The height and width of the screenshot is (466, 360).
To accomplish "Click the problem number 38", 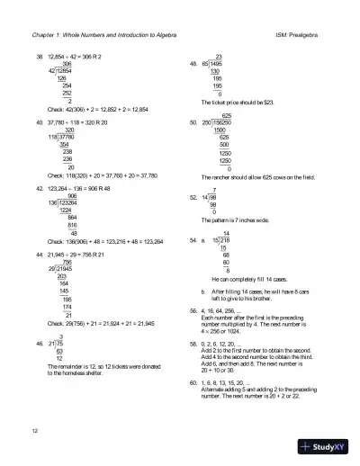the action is [39, 57].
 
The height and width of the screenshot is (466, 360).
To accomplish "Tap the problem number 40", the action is [39, 122].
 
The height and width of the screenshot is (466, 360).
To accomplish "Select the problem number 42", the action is [39, 188].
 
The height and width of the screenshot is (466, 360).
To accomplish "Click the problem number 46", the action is [39, 343].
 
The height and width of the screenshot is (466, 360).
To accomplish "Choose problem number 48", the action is [193, 65].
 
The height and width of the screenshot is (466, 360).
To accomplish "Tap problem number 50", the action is [193, 123].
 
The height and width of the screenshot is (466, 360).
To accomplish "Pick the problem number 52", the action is [193, 196].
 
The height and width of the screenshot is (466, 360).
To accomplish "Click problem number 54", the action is [193, 241].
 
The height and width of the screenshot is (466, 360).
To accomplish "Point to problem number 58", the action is [193, 343].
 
